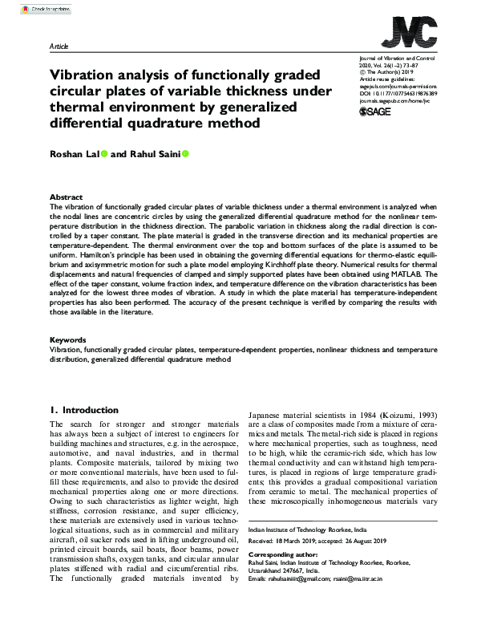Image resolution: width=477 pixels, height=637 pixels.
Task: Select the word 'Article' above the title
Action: pyautogui.click(x=59, y=47)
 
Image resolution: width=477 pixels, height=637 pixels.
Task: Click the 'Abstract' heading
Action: pyautogui.click(x=66, y=197)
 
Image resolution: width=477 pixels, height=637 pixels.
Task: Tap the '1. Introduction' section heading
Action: pyautogui.click(x=84, y=409)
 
